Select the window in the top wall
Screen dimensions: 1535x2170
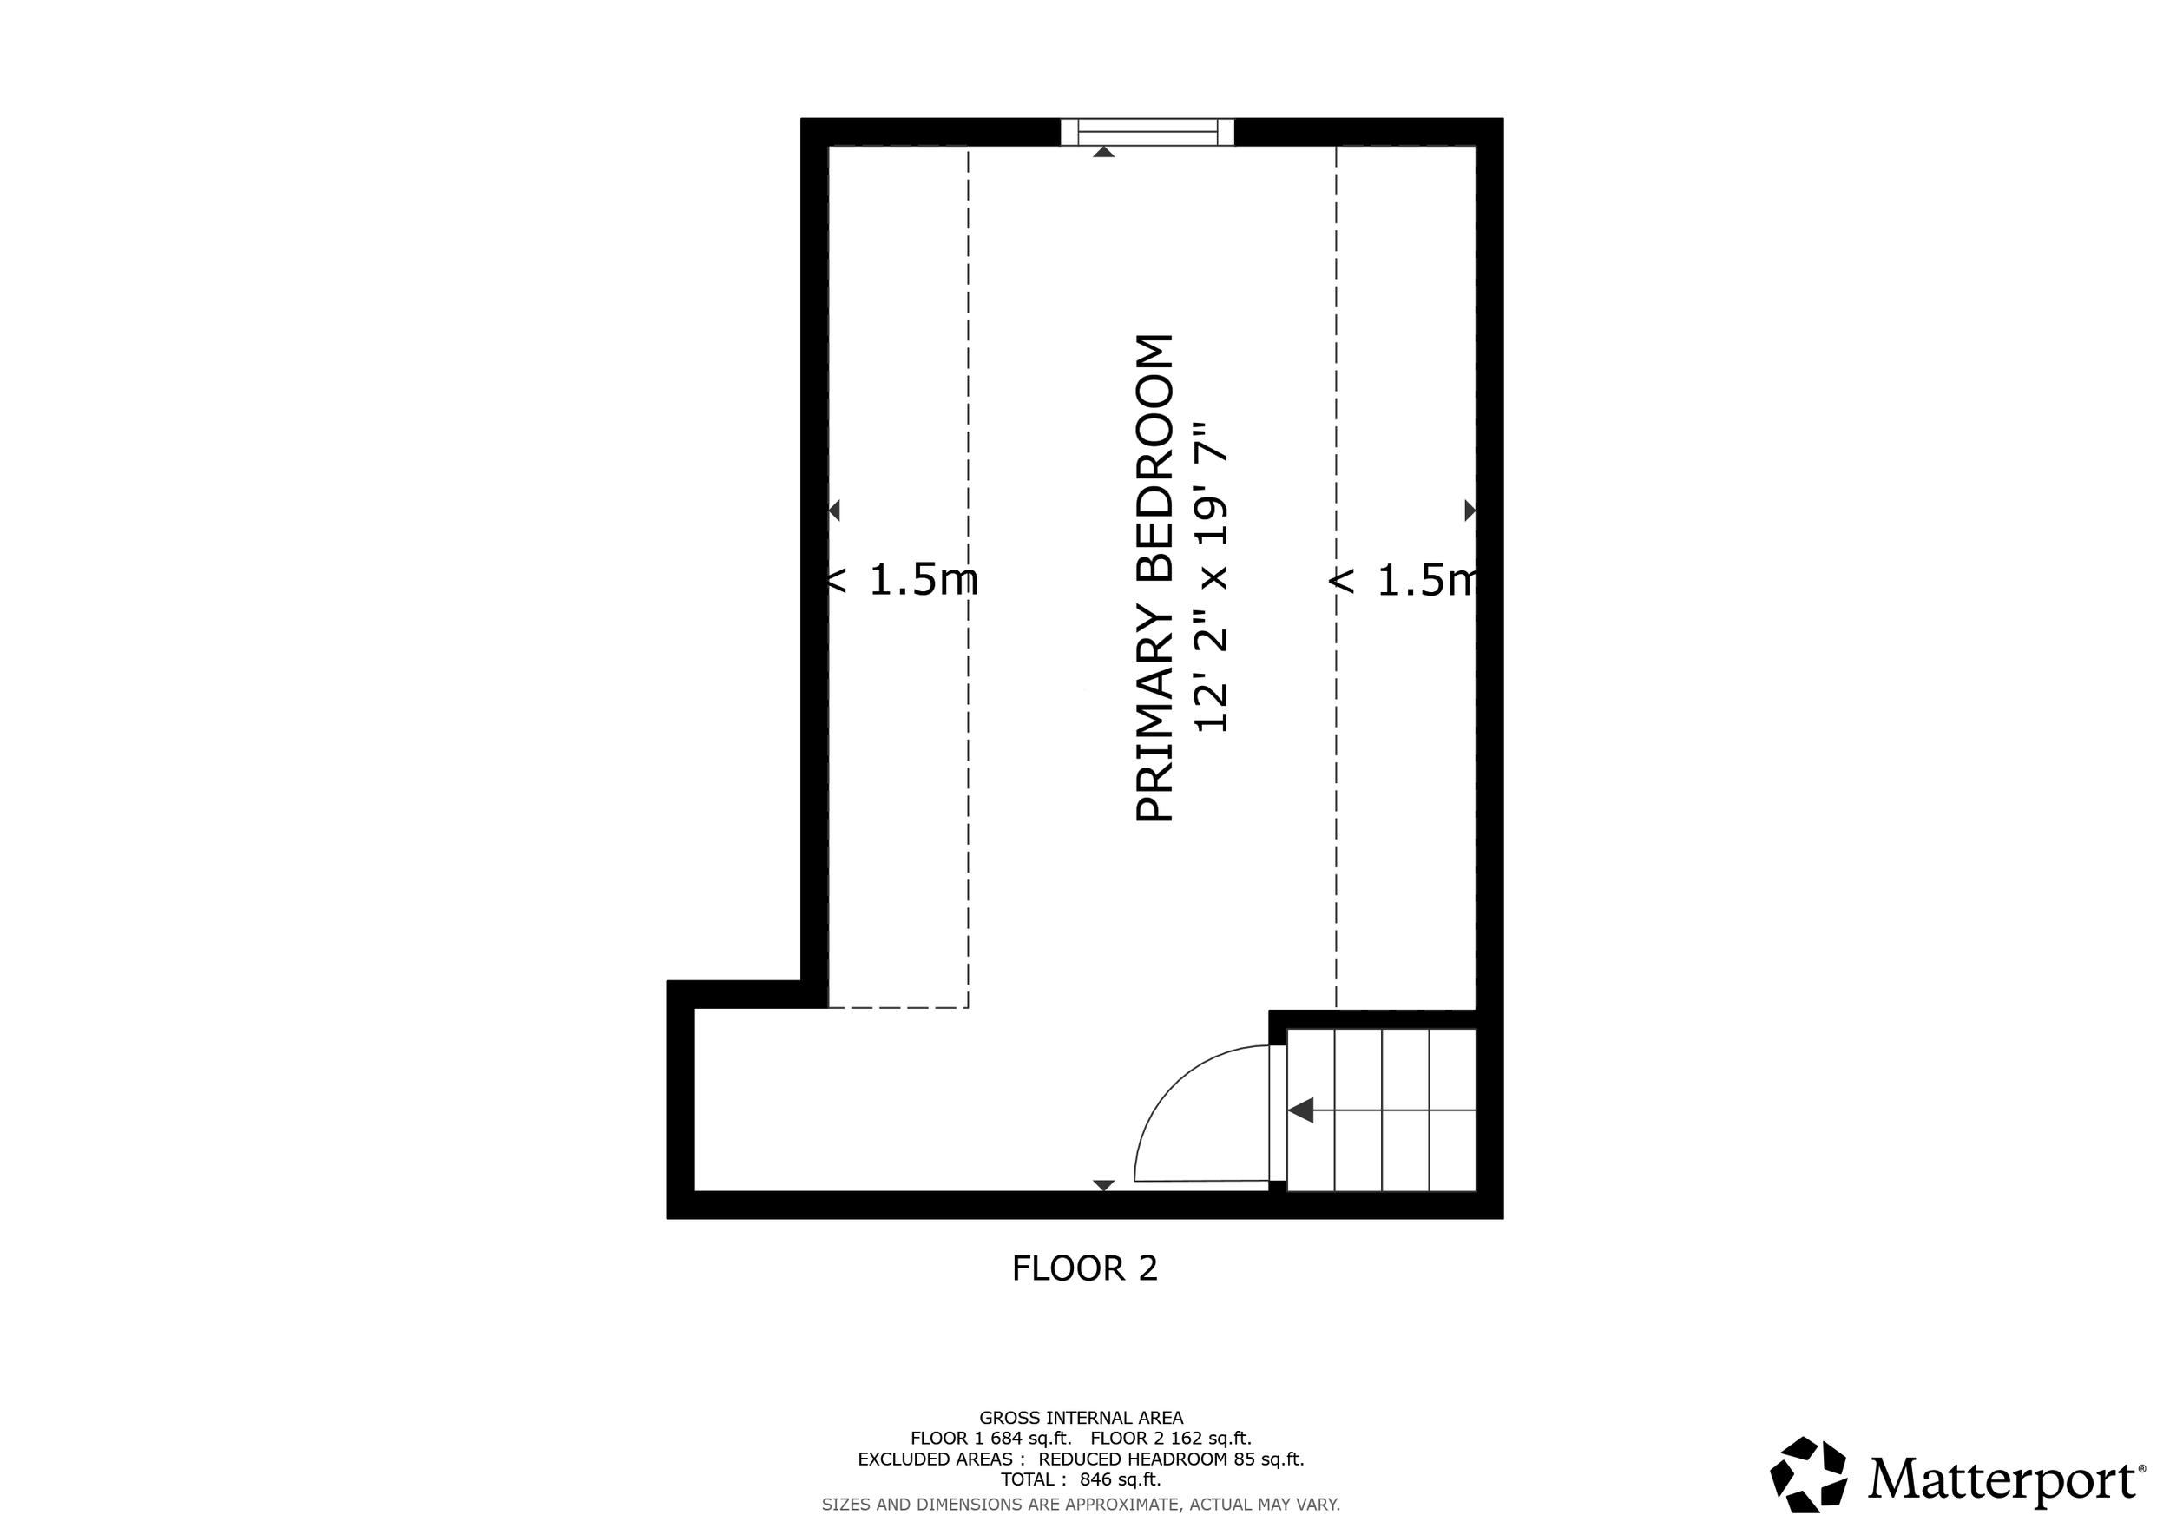[x=1147, y=131]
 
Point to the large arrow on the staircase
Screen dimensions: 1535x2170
[x=1300, y=1110]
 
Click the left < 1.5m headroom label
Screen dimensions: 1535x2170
[x=903, y=579]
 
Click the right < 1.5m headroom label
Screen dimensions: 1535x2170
[x=1403, y=579]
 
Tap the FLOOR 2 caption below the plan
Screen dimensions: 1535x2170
[x=1084, y=1268]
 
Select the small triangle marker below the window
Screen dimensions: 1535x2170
[x=1103, y=151]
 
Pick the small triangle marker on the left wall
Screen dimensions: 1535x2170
[x=834, y=511]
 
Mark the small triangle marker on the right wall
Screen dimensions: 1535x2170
[x=1469, y=511]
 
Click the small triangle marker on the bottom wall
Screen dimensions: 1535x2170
[x=1103, y=1185]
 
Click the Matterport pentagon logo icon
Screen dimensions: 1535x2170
[x=1808, y=1474]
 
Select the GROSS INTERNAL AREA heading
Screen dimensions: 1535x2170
[x=1081, y=1418]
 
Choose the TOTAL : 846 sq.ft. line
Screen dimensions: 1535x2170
[x=1081, y=1479]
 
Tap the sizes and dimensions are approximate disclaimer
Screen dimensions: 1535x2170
[x=1081, y=1504]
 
